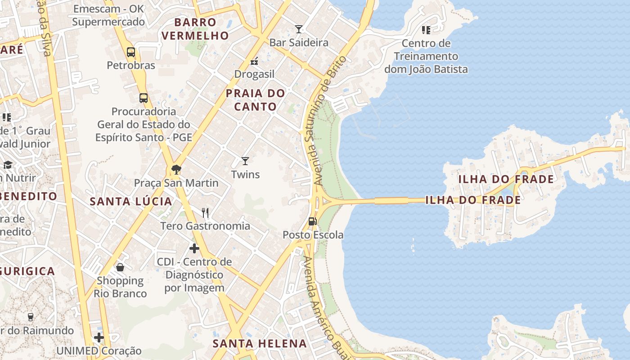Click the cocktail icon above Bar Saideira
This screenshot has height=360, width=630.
point(298,30)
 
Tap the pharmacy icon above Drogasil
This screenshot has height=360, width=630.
point(254,61)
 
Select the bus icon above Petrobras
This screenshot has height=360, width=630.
point(130,52)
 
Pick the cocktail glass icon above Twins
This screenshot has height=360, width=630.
point(245,161)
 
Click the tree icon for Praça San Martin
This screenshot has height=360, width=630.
point(176,170)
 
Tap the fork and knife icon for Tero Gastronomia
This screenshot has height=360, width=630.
point(205,212)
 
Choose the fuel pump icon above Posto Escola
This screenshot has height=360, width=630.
point(312,221)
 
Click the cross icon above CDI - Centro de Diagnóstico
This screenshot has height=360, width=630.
point(194,248)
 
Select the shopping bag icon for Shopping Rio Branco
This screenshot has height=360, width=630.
point(120,267)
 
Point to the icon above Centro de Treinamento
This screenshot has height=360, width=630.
point(426,30)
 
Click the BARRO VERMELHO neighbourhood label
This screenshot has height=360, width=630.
point(195,29)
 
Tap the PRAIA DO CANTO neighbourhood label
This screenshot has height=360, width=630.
point(255,100)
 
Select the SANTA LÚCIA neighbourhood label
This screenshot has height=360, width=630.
point(131,201)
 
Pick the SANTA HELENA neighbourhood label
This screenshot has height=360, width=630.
point(260,344)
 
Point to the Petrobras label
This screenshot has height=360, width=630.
point(131,65)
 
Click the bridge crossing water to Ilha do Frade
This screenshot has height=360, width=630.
point(391,201)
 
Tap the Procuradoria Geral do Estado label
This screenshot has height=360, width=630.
point(144,124)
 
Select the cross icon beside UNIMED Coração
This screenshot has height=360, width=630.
point(99,337)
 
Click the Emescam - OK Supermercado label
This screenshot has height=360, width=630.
point(108,15)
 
